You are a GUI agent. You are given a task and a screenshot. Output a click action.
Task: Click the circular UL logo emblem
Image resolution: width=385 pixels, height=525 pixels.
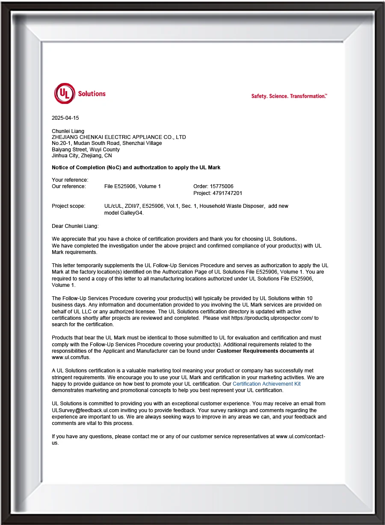coord(65,94)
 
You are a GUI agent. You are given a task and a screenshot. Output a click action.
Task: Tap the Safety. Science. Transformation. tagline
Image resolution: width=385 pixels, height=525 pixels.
coord(289,96)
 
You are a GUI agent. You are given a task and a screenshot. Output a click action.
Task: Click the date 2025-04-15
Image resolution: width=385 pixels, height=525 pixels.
coord(65,118)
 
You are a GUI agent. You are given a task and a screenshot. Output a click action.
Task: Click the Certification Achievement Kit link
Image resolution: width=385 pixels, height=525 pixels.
coord(267,384)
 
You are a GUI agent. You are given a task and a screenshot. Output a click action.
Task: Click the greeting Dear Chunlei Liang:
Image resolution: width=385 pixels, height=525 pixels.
coord(75,226)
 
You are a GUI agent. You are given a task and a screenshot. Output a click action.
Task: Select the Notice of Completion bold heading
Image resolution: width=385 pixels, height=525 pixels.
coord(136,168)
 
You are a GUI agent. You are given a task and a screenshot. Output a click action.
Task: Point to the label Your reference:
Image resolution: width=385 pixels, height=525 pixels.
coord(70,180)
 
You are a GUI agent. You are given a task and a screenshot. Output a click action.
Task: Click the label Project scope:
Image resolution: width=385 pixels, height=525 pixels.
coord(68,206)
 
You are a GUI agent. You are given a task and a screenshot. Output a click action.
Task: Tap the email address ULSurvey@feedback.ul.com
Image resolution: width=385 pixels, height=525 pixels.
coord(86,410)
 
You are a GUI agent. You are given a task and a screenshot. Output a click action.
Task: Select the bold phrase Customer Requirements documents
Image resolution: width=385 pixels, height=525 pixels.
coord(262,351)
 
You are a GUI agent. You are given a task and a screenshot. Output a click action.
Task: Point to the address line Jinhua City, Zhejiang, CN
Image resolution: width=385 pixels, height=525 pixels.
coord(82,156)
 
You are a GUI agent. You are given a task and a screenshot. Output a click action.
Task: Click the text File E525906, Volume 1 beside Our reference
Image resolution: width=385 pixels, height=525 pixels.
coord(133,186)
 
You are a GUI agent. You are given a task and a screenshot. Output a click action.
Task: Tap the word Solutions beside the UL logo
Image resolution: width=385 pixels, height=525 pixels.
coord(92,94)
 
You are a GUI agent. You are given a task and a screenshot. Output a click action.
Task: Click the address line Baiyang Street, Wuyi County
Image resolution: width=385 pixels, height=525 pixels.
coord(86,150)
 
